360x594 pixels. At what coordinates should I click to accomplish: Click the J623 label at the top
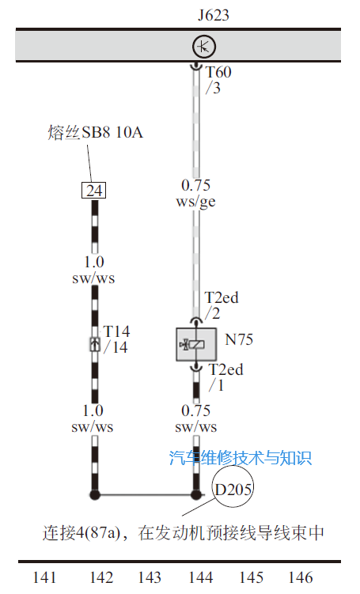pyautogui.click(x=214, y=15)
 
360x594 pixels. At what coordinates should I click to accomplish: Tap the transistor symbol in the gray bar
pyautogui.click(x=204, y=47)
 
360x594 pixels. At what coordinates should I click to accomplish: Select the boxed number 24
pyautogui.click(x=94, y=190)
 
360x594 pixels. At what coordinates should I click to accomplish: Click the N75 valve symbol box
pyautogui.click(x=196, y=344)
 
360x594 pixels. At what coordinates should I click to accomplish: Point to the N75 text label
pyautogui.click(x=239, y=339)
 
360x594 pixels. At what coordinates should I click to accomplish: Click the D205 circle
pyautogui.click(x=233, y=487)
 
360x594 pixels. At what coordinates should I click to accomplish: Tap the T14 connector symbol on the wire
pyautogui.click(x=95, y=344)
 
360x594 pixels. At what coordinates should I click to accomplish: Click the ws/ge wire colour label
pyautogui.click(x=195, y=202)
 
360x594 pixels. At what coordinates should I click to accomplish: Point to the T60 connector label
pyautogui.click(x=218, y=72)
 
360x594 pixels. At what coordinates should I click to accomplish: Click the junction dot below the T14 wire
pyautogui.click(x=95, y=494)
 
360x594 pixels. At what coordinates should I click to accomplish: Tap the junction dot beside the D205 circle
pyautogui.click(x=196, y=494)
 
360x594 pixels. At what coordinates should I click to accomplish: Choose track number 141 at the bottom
pyautogui.click(x=45, y=577)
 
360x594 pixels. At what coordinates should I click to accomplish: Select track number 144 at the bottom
pyautogui.click(x=201, y=577)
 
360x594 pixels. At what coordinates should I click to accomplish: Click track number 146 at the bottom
pyautogui.click(x=301, y=577)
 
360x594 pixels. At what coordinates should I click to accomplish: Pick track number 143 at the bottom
pyautogui.click(x=150, y=577)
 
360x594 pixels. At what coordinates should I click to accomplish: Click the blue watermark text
pyautogui.click(x=241, y=458)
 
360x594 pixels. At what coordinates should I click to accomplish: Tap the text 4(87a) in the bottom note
pyautogui.click(x=98, y=533)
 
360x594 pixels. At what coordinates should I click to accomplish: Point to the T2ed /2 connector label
pyautogui.click(x=222, y=306)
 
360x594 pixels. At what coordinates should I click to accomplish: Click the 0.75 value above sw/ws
pyautogui.click(x=195, y=411)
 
